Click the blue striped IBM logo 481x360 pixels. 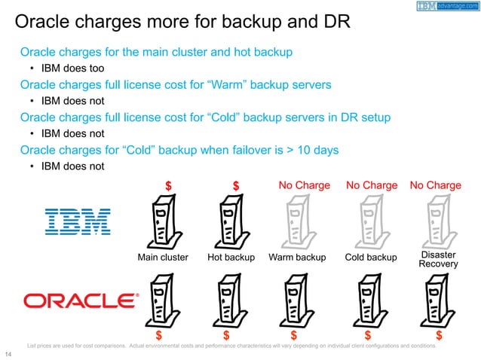click(78, 221)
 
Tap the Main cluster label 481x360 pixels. click(163, 258)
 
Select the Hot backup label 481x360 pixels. click(231, 258)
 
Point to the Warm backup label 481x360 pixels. click(297, 258)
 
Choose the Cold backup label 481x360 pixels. click(370, 258)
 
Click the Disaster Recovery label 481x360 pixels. click(437, 259)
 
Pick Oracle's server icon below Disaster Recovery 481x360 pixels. click(437, 301)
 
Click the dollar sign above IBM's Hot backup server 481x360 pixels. click(236, 185)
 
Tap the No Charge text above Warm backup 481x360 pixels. click(305, 185)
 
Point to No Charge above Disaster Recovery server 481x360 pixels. click(435, 185)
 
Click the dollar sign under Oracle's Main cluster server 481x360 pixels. click(159, 335)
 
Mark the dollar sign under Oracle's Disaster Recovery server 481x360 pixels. click(439, 335)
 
